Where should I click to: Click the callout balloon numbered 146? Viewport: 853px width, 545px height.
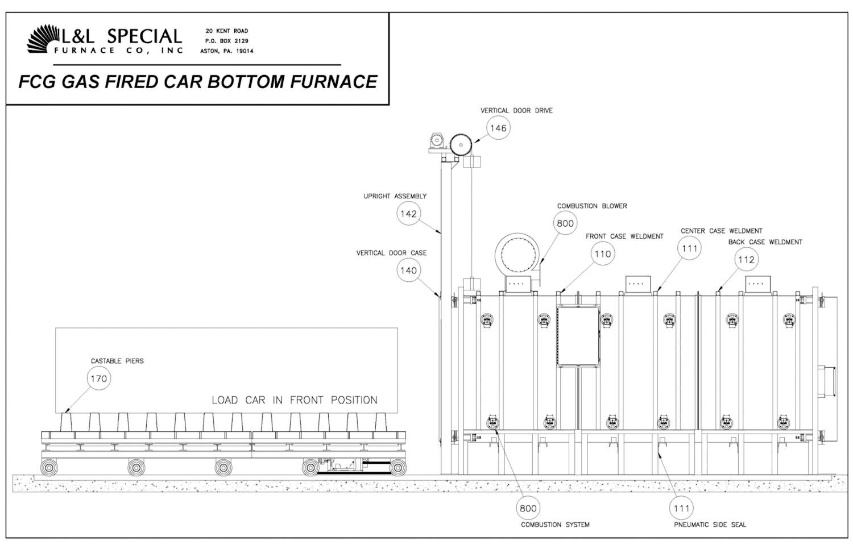point(498,128)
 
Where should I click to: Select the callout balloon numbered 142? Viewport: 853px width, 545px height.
point(409,214)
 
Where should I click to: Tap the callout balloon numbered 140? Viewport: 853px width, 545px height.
point(409,270)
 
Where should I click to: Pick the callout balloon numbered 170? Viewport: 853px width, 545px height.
point(99,378)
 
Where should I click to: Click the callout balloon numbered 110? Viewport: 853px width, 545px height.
point(602,254)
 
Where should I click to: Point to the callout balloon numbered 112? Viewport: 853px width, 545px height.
point(746,260)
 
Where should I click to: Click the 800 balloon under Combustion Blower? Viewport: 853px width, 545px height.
point(565,223)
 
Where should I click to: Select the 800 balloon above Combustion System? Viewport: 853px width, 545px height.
point(528,508)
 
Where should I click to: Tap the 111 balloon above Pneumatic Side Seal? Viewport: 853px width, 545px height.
point(682,508)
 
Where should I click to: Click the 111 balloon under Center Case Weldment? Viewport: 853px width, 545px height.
point(690,248)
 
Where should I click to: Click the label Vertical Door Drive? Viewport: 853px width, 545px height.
point(516,110)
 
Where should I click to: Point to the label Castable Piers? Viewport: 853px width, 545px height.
point(117,361)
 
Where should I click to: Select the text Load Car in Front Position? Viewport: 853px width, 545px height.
point(295,400)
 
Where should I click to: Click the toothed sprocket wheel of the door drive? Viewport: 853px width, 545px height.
point(461,145)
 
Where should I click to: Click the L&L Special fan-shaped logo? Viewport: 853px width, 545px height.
point(43,39)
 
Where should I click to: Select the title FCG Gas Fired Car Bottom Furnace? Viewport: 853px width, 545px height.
point(198,81)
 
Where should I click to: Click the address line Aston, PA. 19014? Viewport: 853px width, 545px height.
point(227,51)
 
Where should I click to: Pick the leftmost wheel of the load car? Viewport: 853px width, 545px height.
point(49,467)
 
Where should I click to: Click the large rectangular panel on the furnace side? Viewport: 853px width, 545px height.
point(578,336)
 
